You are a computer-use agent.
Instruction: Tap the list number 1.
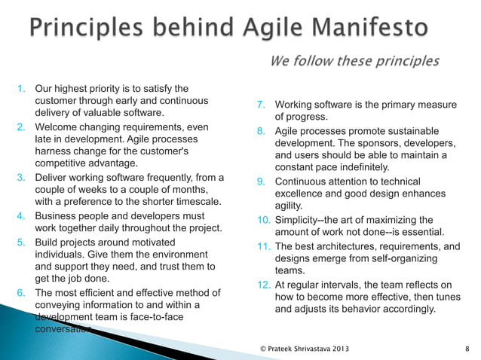(23, 90)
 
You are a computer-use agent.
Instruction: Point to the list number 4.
(23, 216)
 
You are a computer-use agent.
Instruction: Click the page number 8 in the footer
(467, 349)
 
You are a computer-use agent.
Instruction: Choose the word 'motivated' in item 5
(149, 242)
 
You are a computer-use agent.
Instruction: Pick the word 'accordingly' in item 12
(406, 309)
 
